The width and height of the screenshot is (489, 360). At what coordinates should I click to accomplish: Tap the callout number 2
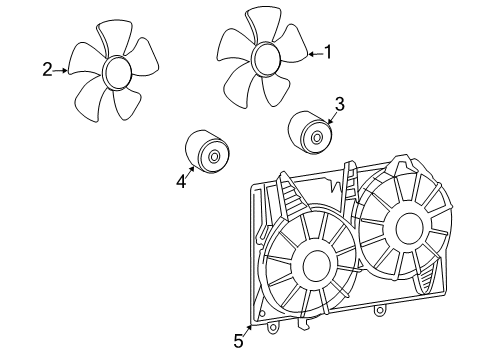point(47,69)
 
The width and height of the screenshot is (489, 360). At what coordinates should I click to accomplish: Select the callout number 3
point(339,103)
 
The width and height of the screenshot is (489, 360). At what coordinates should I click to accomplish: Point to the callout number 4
point(182,181)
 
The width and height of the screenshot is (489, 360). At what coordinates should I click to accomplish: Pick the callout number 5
point(238,341)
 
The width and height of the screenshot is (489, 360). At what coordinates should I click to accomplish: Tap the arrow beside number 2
point(61,70)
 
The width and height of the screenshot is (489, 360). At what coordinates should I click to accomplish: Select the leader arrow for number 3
point(333,117)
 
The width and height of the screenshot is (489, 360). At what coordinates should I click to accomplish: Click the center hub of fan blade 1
point(268,57)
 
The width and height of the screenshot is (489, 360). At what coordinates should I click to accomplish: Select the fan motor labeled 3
point(309,131)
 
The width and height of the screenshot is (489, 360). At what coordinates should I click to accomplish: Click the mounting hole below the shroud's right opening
point(379,311)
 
